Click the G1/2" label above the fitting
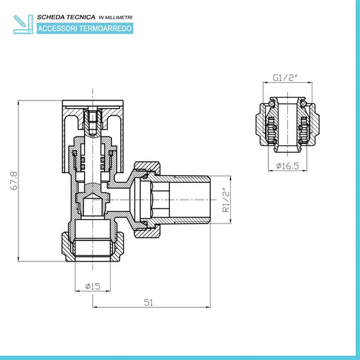pyautogui.click(x=283, y=78)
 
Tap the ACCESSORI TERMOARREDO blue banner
pyautogui.click(x=85, y=29)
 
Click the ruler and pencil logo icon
pyautogui.click(x=22, y=22)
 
